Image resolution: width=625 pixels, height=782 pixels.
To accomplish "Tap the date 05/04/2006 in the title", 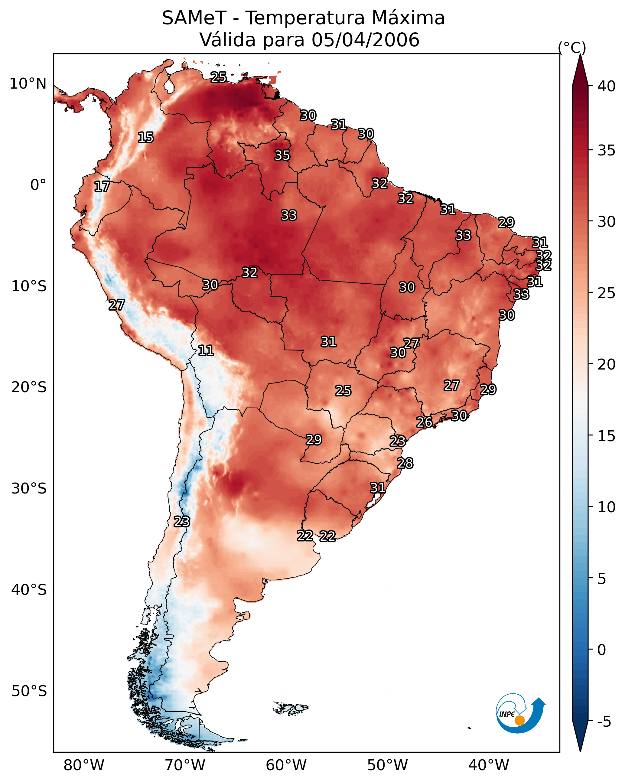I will (365, 40).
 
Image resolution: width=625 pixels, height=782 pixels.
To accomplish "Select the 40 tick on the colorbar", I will (607, 86).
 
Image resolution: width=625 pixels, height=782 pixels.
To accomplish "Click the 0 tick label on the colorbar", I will (601, 650).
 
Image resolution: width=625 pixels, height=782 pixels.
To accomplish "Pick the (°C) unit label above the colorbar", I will (572, 47).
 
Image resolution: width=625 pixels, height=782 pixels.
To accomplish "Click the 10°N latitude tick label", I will (28, 84).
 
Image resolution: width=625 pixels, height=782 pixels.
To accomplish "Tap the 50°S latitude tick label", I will (29, 691).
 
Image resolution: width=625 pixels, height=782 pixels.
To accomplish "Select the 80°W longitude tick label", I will (84, 765).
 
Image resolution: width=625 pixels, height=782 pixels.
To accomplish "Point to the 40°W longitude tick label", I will (489, 765).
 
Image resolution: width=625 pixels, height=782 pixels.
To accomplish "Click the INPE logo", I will (520, 715).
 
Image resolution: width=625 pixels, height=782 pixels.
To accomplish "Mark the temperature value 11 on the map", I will (206, 351).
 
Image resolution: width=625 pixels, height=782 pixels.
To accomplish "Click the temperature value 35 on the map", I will (282, 155).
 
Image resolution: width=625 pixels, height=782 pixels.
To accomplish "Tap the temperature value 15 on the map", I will (146, 138).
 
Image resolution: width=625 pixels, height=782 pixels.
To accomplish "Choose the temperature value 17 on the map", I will (102, 187).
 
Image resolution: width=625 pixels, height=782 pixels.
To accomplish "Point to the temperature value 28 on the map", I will (405, 464).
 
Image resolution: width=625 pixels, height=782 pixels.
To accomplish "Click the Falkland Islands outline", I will (290, 708).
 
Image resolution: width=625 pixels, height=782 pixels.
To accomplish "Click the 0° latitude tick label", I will (38, 185).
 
